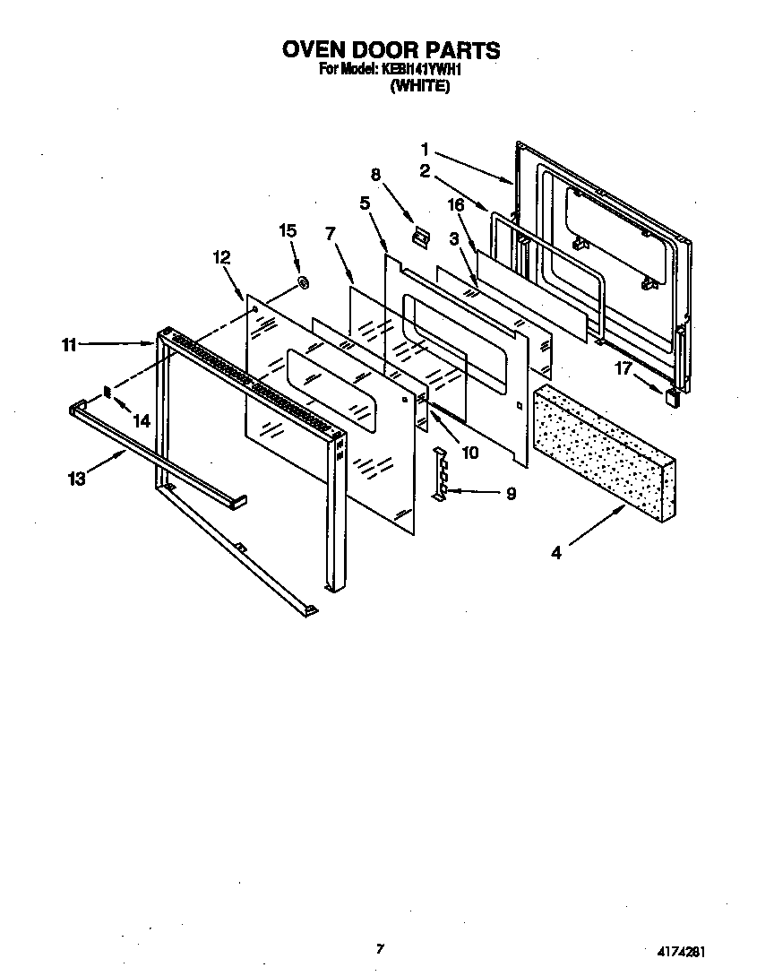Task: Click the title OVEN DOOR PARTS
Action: click(x=391, y=49)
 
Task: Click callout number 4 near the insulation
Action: click(x=556, y=553)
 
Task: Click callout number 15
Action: click(x=288, y=231)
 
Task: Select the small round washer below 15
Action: click(x=303, y=283)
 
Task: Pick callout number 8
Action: click(x=376, y=174)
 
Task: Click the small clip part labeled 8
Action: click(x=418, y=237)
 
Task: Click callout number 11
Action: click(x=69, y=343)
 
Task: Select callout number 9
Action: click(x=511, y=493)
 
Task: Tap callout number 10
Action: click(x=469, y=453)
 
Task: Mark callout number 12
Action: click(x=221, y=257)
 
